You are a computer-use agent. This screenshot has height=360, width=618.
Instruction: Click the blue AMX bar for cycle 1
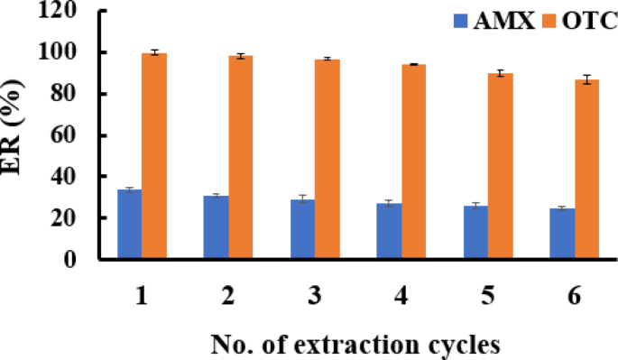(130, 225)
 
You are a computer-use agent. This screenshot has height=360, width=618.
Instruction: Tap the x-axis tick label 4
(401, 298)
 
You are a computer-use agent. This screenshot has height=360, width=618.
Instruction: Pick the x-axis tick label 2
(228, 298)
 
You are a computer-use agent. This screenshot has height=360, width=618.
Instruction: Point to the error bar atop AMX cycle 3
(303, 198)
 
